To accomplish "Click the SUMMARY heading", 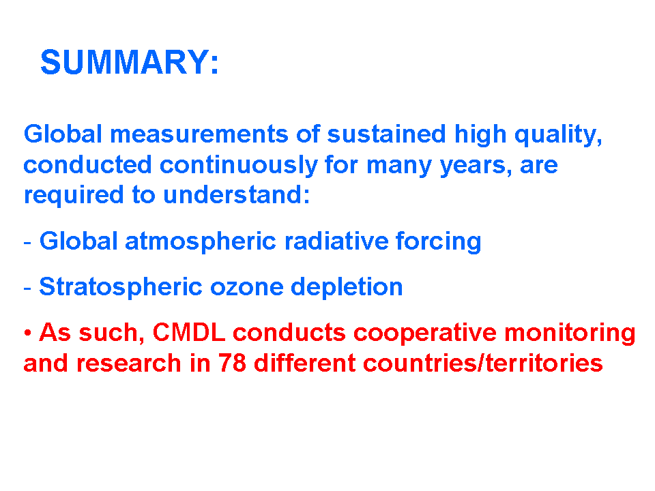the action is (130, 62).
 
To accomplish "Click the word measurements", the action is (199, 134).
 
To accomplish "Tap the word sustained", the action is (386, 134).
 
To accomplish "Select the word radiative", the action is (336, 241).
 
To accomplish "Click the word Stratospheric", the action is (121, 288).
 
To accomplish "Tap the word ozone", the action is (246, 288).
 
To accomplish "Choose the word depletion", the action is (347, 288).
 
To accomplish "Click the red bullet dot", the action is (28, 333).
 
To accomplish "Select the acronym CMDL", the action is (189, 333).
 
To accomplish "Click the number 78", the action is (232, 363).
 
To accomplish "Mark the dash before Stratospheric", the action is (27, 288).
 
